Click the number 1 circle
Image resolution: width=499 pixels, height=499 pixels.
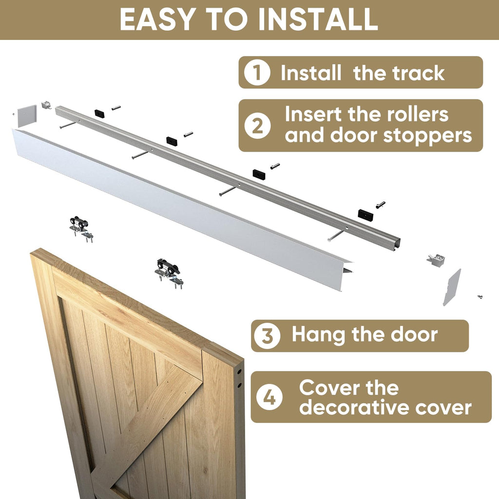click(x=257, y=73)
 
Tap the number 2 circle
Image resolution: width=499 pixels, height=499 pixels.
click(x=257, y=126)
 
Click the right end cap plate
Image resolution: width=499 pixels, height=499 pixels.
click(x=451, y=287)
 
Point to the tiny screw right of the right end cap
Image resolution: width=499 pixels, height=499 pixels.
click(x=480, y=296)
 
